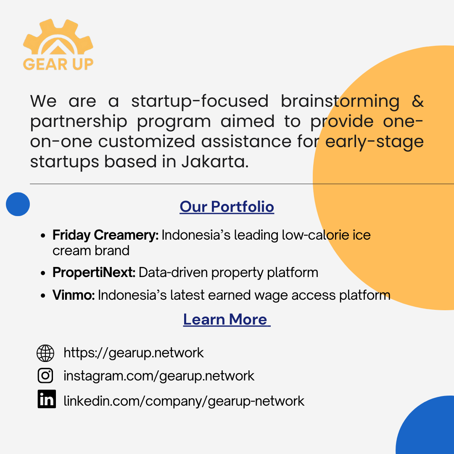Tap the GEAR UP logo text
coord(58,64)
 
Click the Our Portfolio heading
coord(227,207)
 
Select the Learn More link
coord(227,319)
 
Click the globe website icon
coord(45,353)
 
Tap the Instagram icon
coord(45,375)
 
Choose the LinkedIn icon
coord(47,399)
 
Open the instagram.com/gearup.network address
coord(158,376)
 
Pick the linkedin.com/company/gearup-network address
coord(184,401)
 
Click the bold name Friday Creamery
coord(106,235)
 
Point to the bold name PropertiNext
coord(94,272)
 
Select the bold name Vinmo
coord(74,295)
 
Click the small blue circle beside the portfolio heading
coord(18,204)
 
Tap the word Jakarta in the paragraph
coord(215,161)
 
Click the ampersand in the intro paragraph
coord(417,101)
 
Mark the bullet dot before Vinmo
coord(43,296)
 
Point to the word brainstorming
coord(340,102)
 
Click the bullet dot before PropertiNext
coord(43,273)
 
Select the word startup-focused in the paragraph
coord(200,101)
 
